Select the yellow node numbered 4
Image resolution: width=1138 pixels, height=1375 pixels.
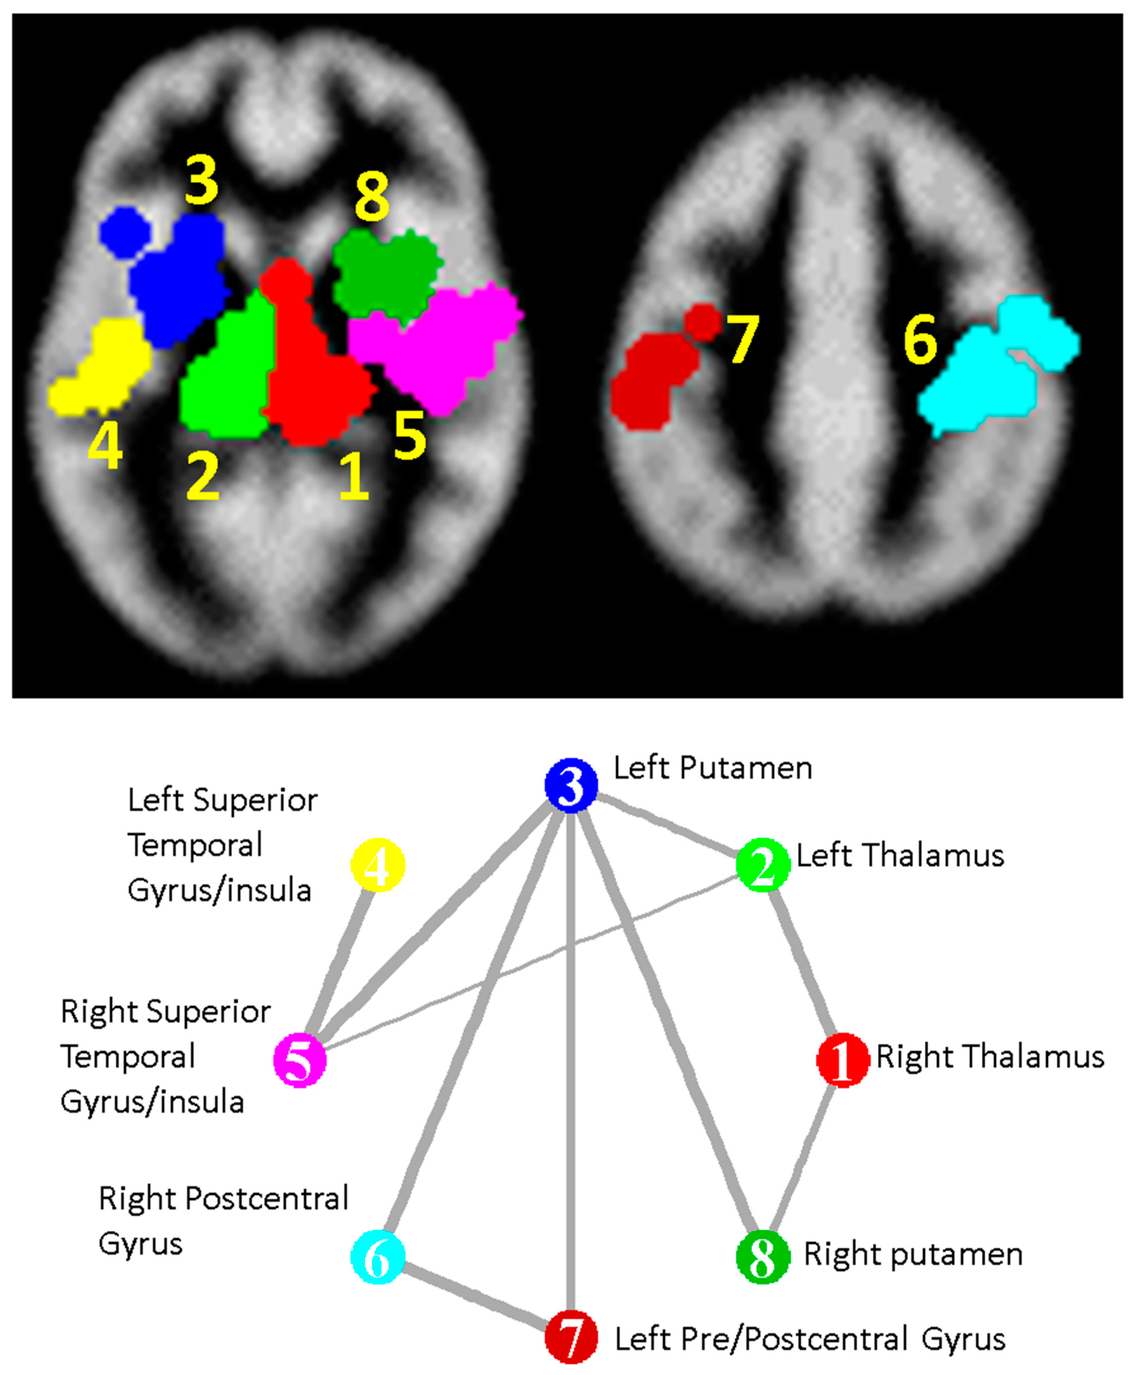pos(378,865)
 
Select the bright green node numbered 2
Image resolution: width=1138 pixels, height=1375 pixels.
pos(762,865)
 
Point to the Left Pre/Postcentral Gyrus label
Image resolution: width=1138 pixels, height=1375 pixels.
pos(809,1339)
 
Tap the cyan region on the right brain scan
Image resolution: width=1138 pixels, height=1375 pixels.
pos(988,373)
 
